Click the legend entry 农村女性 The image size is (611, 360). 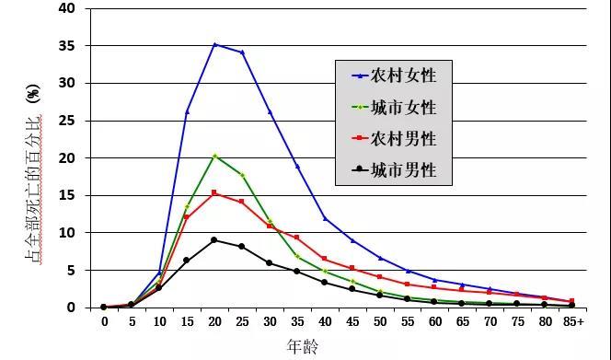[x=402, y=75]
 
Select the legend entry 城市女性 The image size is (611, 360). [x=402, y=107]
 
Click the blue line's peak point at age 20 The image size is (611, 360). [x=214, y=44]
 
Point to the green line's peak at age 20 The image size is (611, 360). [x=214, y=156]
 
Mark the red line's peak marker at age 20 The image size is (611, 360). [x=214, y=192]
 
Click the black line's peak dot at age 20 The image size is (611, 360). [x=214, y=240]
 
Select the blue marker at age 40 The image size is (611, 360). [x=324, y=218]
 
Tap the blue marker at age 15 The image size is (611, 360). [x=187, y=111]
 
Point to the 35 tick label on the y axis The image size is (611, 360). [x=70, y=46]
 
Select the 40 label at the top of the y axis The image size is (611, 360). [x=70, y=9]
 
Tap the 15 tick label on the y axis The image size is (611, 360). [x=70, y=195]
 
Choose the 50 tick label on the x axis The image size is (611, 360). [x=379, y=321]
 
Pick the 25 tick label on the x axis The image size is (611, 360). [x=242, y=321]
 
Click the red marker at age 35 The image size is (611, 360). [x=296, y=238]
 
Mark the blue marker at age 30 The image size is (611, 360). [x=270, y=112]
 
